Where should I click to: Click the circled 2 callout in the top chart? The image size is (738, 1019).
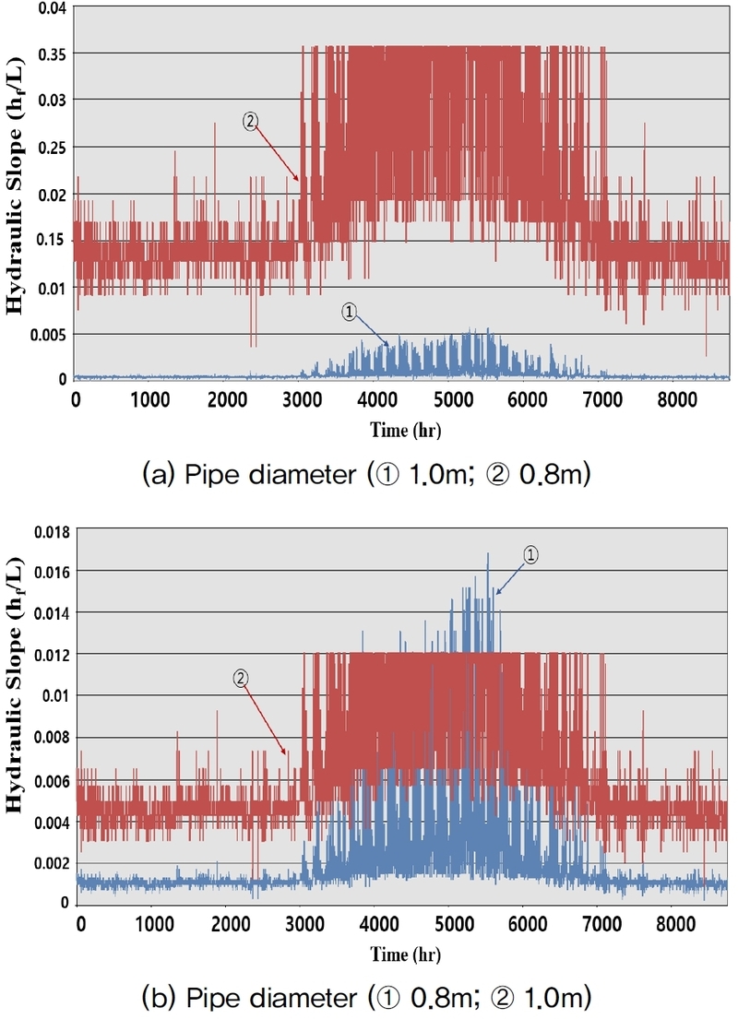click(x=249, y=120)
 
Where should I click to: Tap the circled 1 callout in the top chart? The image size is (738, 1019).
click(x=349, y=312)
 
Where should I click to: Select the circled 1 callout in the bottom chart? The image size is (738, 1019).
click(x=530, y=554)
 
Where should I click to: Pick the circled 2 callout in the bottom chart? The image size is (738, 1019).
click(x=240, y=678)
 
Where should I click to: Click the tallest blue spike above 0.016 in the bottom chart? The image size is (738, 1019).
click(x=488, y=553)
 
